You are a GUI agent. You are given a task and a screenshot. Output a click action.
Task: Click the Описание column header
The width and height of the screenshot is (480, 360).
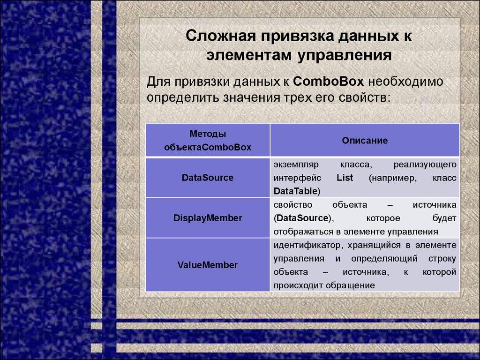click(x=365, y=140)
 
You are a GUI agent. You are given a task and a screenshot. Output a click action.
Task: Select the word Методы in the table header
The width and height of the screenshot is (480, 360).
click(x=208, y=134)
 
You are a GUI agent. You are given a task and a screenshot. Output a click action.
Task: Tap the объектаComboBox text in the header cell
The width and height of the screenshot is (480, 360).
click(x=208, y=147)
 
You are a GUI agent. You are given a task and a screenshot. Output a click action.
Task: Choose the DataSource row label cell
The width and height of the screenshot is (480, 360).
click(x=208, y=178)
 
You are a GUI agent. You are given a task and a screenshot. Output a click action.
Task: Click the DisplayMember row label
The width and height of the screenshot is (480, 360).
click(x=208, y=218)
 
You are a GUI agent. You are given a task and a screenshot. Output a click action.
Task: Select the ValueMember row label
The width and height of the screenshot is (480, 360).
click(x=208, y=265)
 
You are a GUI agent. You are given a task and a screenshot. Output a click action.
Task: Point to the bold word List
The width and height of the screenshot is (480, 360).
click(x=345, y=178)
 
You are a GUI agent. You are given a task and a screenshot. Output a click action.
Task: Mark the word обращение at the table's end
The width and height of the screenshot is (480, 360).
click(x=352, y=285)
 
